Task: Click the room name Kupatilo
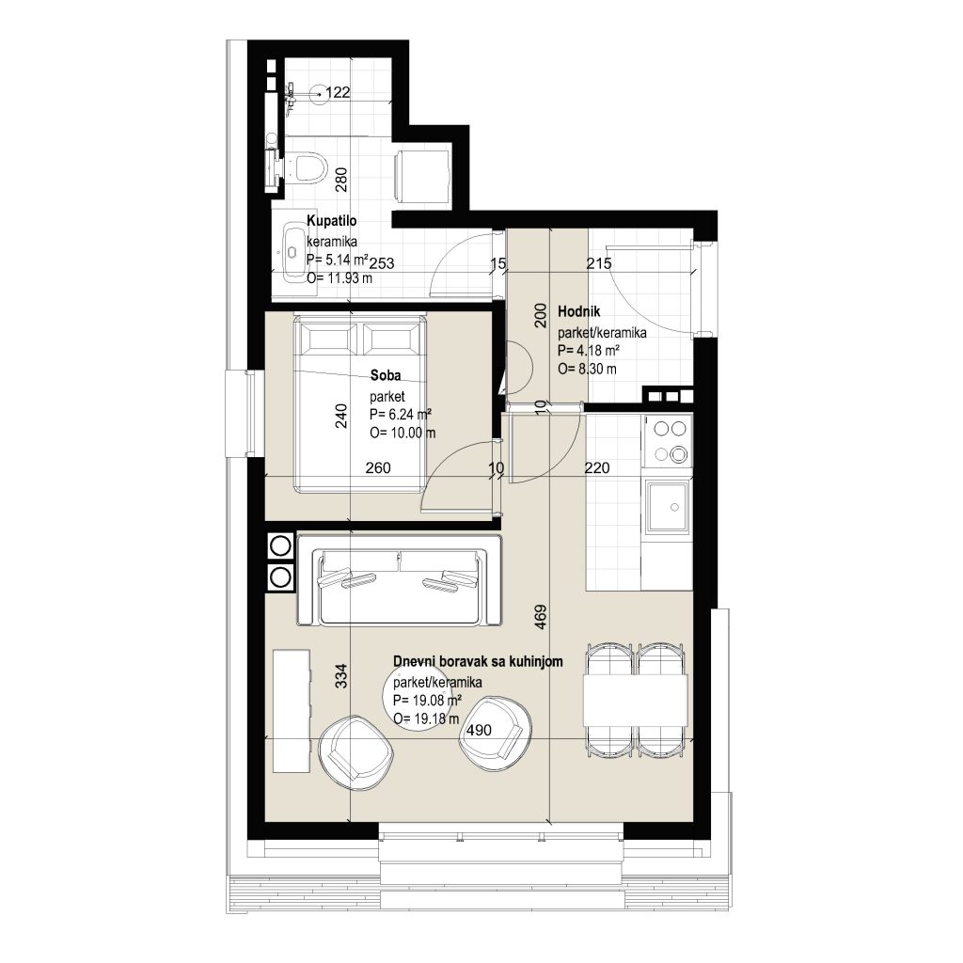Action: point(332,221)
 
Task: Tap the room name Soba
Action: point(386,375)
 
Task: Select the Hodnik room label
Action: point(579,311)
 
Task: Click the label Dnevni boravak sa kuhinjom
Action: point(478,661)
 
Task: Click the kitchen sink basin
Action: point(667,506)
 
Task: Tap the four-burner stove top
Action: point(668,440)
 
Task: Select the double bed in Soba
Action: point(360,403)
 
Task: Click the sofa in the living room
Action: point(399,580)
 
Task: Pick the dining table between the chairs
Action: point(635,699)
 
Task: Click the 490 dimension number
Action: point(479,730)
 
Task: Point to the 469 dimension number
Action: point(541,617)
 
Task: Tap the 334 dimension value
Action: point(342,675)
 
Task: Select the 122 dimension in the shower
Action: point(338,93)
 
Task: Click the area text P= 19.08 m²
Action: point(428,700)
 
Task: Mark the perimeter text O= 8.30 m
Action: point(587,369)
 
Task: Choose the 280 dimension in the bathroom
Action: point(341,180)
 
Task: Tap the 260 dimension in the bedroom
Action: point(378,468)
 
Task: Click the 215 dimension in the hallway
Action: point(599,263)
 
